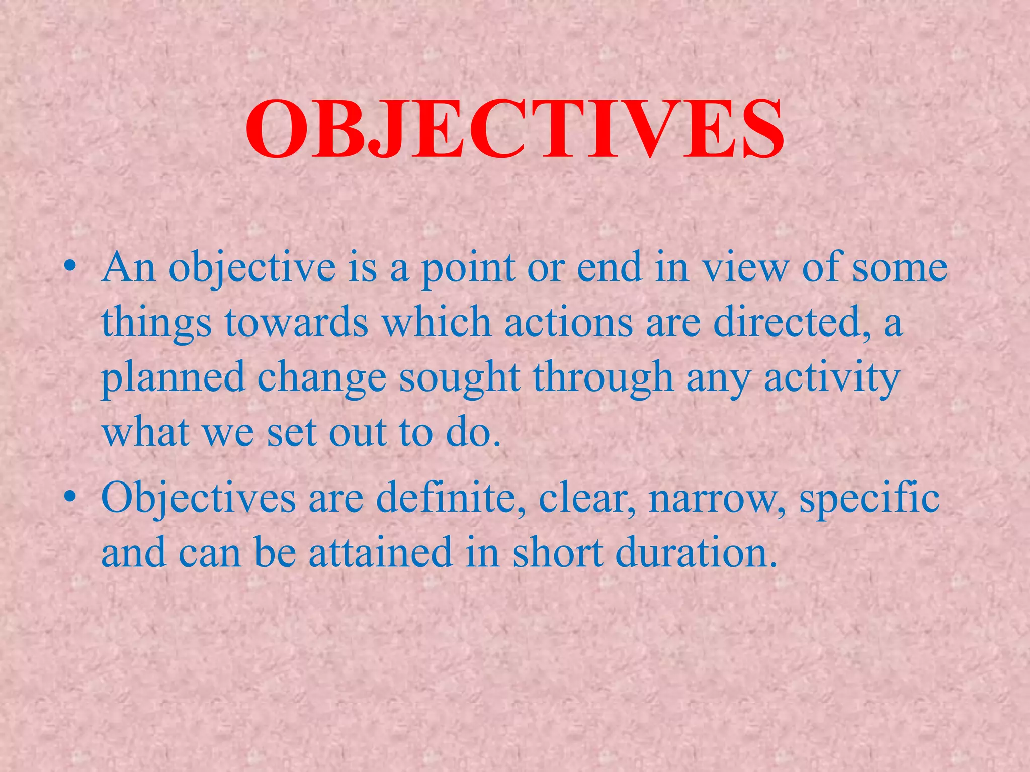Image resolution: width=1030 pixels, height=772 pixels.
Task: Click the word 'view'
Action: coord(746,267)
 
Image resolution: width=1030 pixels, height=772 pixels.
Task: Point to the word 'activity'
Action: coord(831,378)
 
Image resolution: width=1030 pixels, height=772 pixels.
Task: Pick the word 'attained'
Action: coord(381,552)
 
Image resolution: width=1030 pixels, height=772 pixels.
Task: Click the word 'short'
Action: coord(557,552)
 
